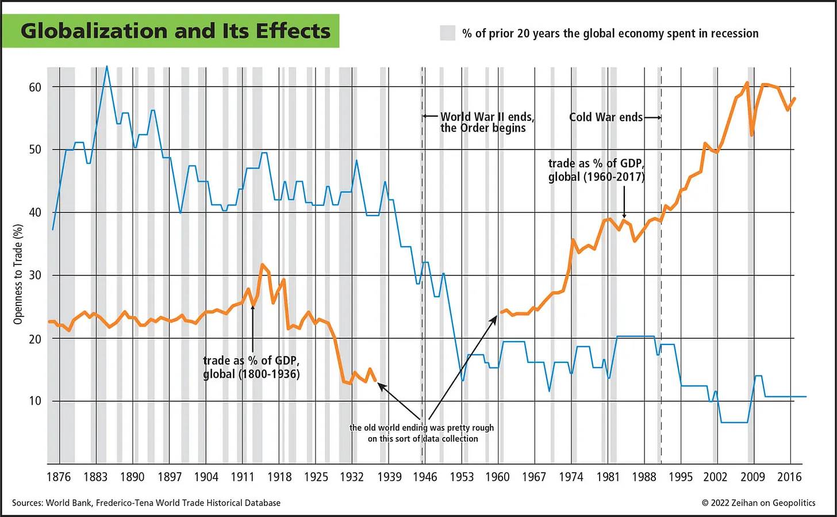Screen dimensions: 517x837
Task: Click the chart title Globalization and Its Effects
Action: coord(175,30)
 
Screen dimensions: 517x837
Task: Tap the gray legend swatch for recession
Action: coord(447,33)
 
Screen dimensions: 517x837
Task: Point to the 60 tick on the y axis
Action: coord(35,87)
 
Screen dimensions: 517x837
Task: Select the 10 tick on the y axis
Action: coord(35,401)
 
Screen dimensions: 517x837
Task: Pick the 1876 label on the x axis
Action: coord(58,477)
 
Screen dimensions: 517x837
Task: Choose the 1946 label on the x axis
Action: coord(425,477)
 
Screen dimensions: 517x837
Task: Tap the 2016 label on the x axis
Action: coord(789,477)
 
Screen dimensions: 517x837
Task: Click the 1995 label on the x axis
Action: coord(680,477)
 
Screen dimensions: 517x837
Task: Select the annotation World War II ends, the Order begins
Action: coord(487,122)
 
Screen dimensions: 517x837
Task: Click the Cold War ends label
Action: coord(605,117)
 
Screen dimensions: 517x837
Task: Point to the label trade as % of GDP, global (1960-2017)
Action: coord(596,170)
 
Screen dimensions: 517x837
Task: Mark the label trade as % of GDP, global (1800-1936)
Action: coord(251,367)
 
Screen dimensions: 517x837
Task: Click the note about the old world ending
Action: coord(422,433)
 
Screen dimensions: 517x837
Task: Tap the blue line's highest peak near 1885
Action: coord(106,67)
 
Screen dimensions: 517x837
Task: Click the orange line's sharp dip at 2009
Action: coord(751,135)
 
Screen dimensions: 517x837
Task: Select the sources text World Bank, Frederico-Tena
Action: coord(147,503)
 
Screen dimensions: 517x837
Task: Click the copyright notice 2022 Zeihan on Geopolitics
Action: coord(758,503)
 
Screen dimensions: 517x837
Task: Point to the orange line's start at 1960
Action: coord(501,312)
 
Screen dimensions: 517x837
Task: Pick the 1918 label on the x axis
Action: coord(279,477)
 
